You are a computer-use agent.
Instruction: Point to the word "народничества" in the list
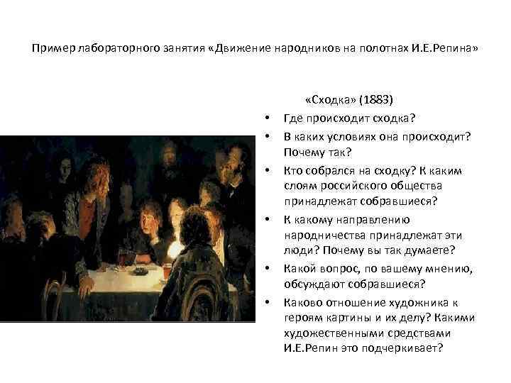[319, 235]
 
